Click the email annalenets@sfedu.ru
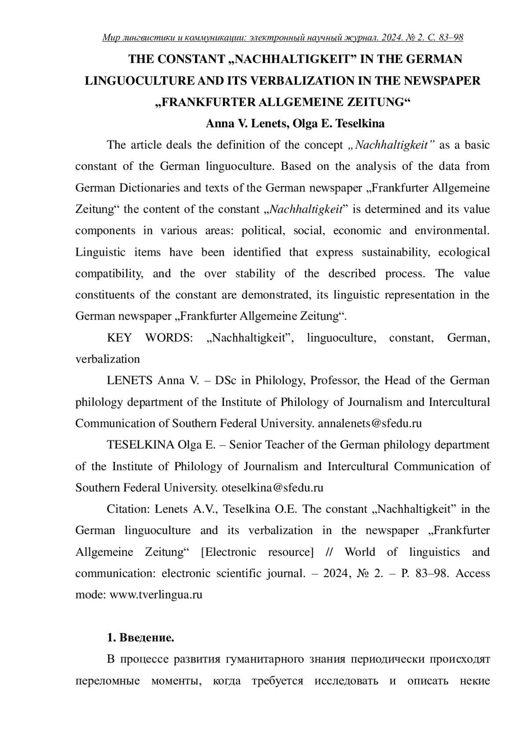(370, 423)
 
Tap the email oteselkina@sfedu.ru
(272, 488)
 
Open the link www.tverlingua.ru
(156, 595)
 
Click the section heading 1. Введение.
(141, 638)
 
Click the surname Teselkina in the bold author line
(359, 124)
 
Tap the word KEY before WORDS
(119, 338)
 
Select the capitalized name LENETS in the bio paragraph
(129, 380)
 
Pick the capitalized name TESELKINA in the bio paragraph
(140, 445)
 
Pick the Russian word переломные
(107, 681)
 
